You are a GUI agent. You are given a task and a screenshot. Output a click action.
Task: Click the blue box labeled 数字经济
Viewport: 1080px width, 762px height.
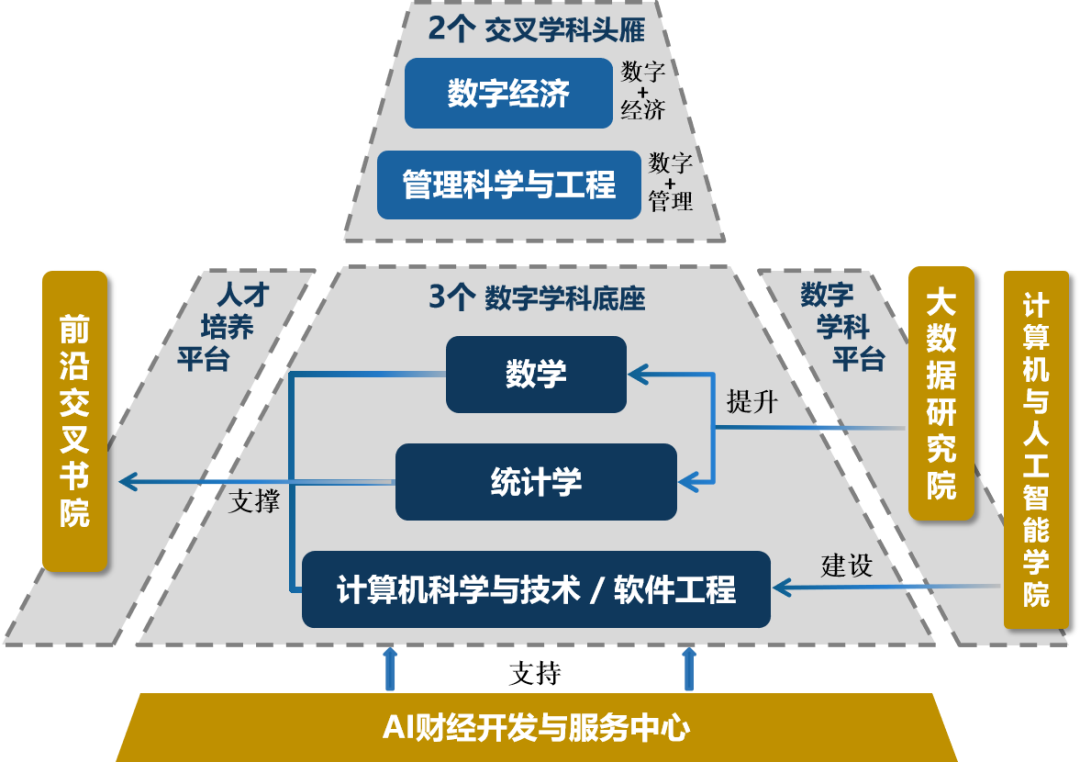[508, 93]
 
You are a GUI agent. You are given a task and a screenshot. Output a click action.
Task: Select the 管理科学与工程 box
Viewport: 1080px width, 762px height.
[508, 185]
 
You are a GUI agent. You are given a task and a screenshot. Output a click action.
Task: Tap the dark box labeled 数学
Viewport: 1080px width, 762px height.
[536, 374]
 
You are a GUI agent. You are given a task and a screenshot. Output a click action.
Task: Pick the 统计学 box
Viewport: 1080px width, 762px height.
[536, 482]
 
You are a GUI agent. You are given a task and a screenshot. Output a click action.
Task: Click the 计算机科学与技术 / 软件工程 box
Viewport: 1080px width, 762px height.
[536, 589]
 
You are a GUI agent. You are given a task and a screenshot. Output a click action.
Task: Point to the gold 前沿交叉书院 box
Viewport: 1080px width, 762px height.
[74, 420]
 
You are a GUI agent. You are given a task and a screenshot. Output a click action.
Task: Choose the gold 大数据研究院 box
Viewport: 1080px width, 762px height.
[940, 393]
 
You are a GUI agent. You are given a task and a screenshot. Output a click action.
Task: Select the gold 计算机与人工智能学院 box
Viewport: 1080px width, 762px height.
[1036, 449]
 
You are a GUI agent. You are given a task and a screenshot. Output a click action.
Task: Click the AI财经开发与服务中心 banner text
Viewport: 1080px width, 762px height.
[536, 727]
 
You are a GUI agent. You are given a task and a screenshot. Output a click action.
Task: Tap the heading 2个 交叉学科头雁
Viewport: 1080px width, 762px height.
[536, 29]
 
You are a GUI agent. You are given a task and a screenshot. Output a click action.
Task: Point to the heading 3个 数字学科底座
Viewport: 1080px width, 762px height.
[536, 298]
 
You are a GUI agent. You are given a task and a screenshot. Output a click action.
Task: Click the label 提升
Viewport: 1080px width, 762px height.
[752, 402]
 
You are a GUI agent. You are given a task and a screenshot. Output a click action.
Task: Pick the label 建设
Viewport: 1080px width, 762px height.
[847, 565]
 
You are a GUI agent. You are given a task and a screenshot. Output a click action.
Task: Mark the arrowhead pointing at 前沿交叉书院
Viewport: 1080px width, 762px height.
[127, 482]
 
